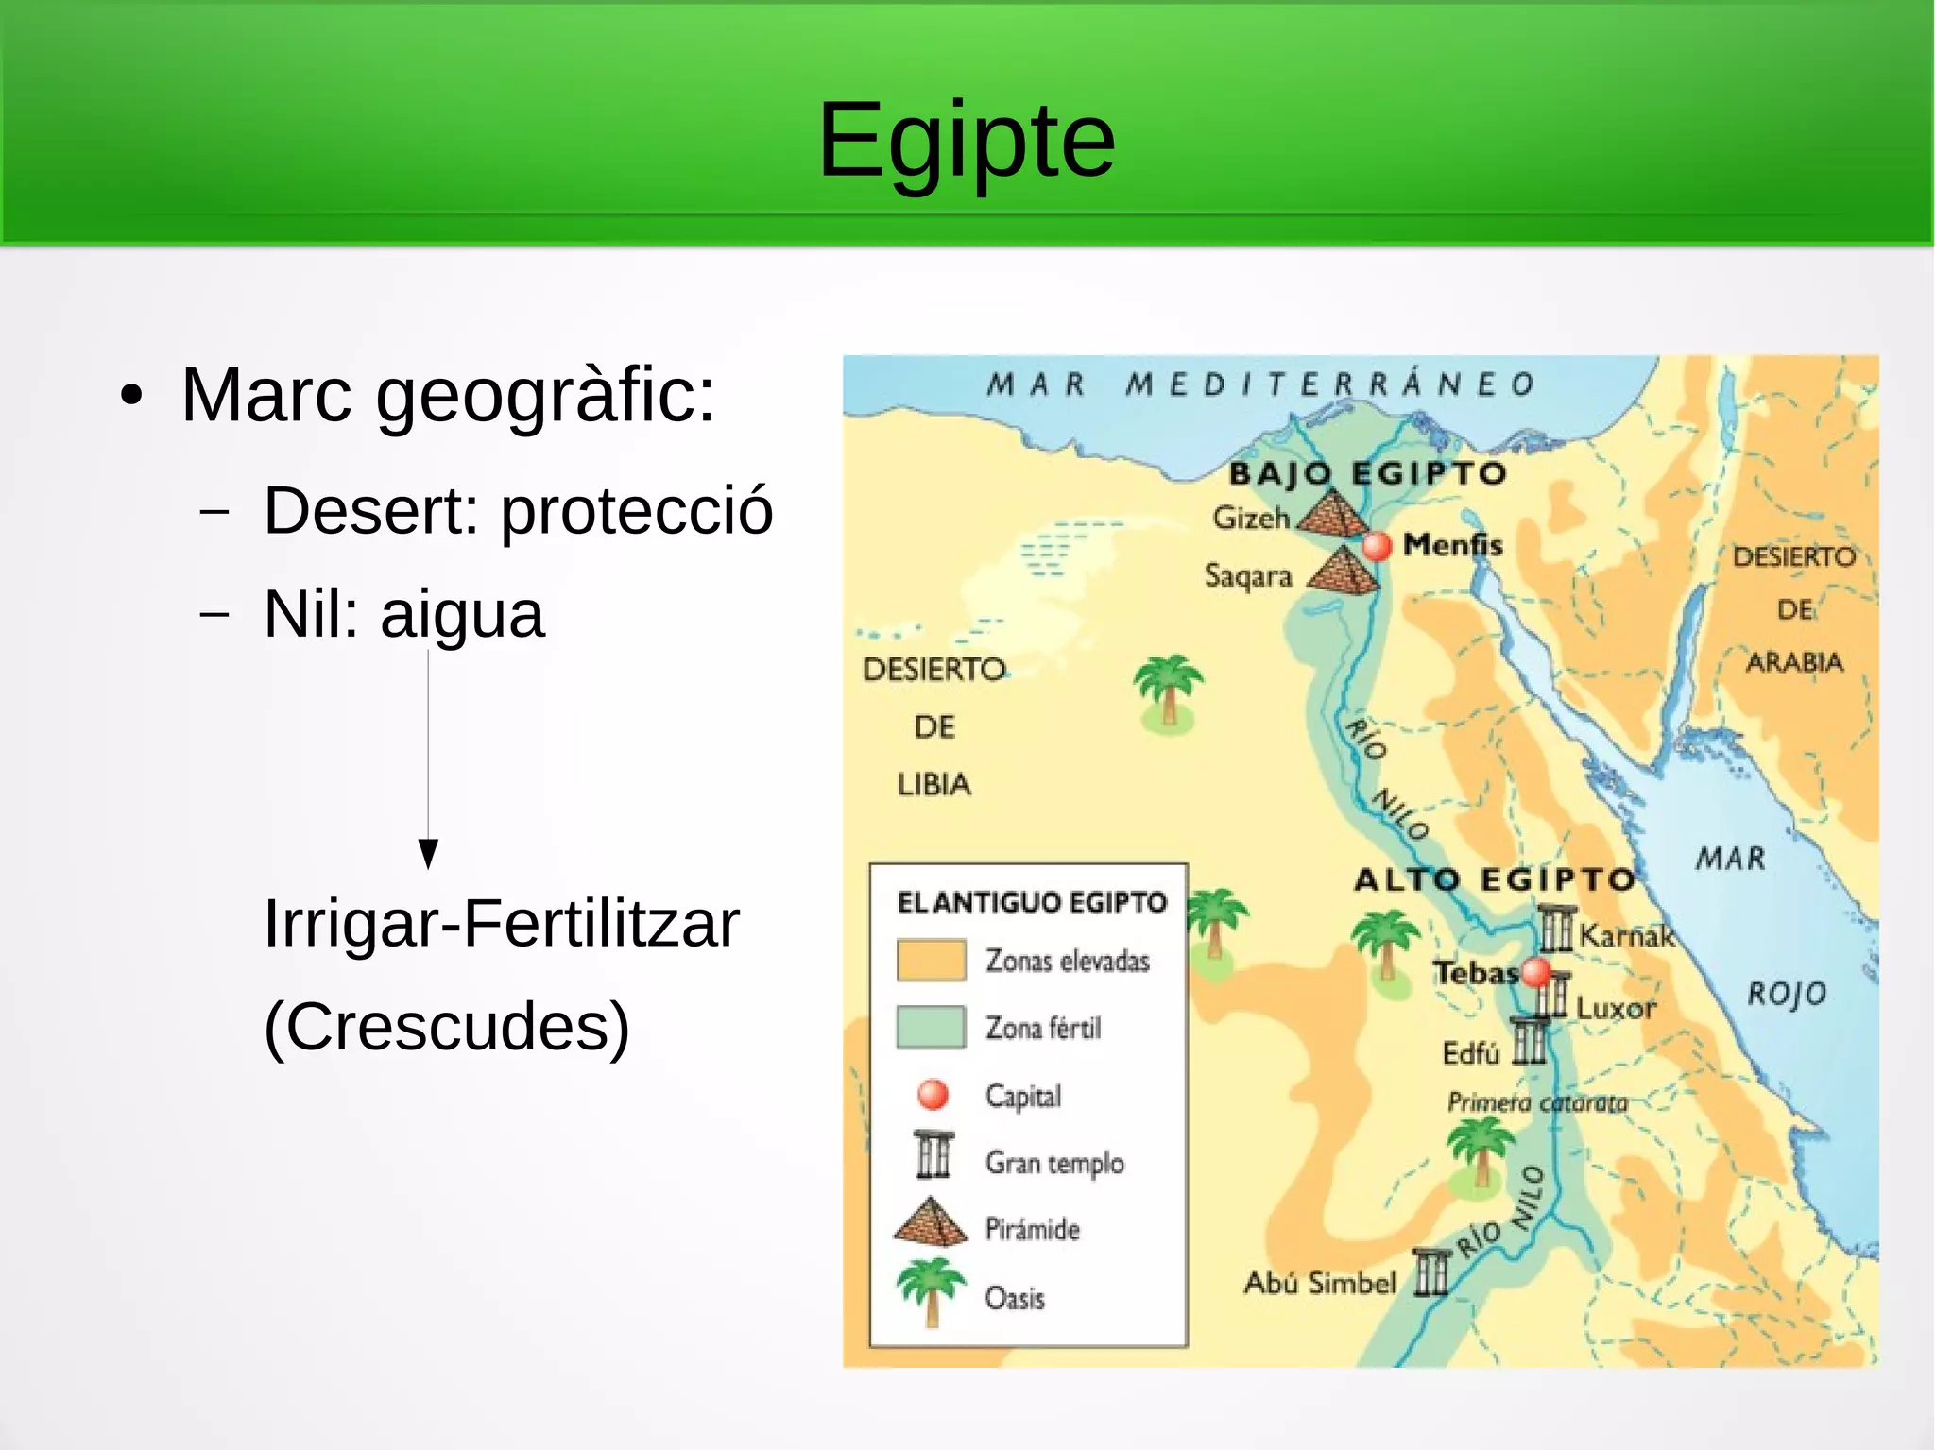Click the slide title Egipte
[x=966, y=142]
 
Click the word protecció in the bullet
[x=636, y=511]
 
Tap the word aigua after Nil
[x=462, y=615]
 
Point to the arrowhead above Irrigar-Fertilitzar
[x=428, y=852]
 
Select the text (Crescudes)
[x=446, y=1027]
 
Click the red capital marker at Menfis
[x=1377, y=545]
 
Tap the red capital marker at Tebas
[x=1536, y=970]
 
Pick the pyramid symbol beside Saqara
[x=1343, y=572]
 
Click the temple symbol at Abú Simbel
[x=1430, y=1271]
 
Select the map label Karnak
[x=1626, y=935]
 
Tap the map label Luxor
[x=1616, y=1008]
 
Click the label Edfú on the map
[x=1470, y=1052]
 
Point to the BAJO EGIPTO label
[x=1366, y=472]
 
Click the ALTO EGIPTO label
[x=1494, y=879]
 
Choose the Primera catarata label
[x=1537, y=1102]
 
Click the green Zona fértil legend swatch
[x=931, y=1027]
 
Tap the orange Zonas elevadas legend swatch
[x=931, y=960]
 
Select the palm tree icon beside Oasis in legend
[x=931, y=1290]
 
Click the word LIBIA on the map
[x=933, y=784]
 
